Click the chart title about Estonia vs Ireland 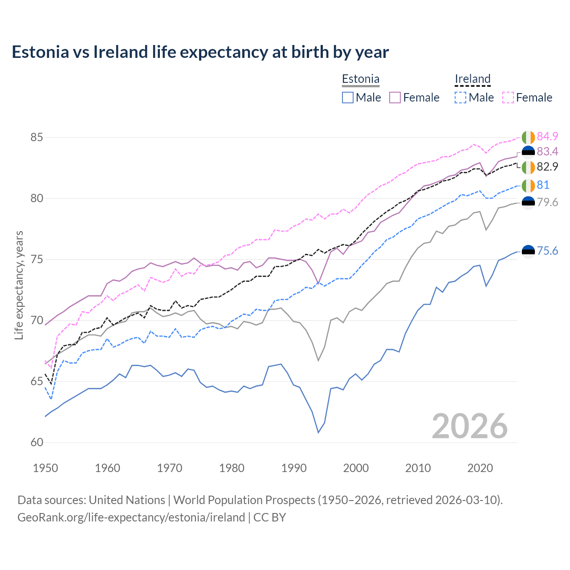[x=200, y=52]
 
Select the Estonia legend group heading [x=360, y=79]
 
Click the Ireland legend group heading [x=472, y=79]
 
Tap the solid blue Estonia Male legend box [x=348, y=98]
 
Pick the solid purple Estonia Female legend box [x=395, y=98]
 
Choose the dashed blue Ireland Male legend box [x=460, y=98]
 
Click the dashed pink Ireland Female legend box [x=508, y=98]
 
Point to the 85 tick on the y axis [x=37, y=137]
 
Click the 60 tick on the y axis [x=37, y=442]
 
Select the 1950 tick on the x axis [x=45, y=468]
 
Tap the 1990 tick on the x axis [x=294, y=468]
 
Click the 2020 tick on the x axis [x=480, y=468]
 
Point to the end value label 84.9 [x=547, y=136]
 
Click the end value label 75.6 [x=547, y=251]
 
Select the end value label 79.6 [x=547, y=203]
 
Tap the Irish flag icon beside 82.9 [x=528, y=167]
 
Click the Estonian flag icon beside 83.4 [x=528, y=152]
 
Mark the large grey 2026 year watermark [x=470, y=426]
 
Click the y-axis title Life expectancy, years [x=19, y=285]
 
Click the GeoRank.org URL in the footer [x=131, y=517]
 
